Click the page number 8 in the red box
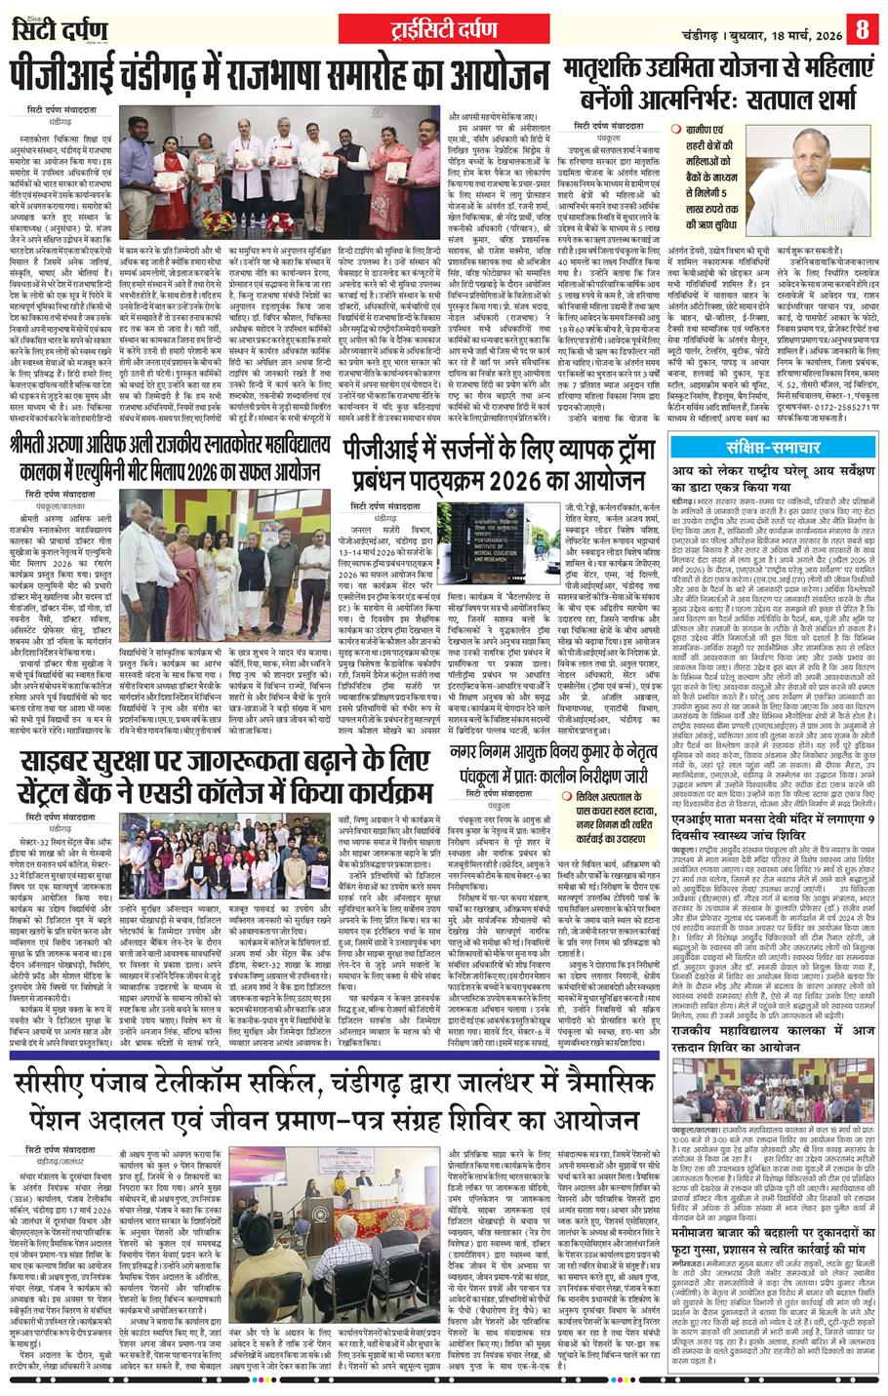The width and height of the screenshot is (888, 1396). tap(862, 27)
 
